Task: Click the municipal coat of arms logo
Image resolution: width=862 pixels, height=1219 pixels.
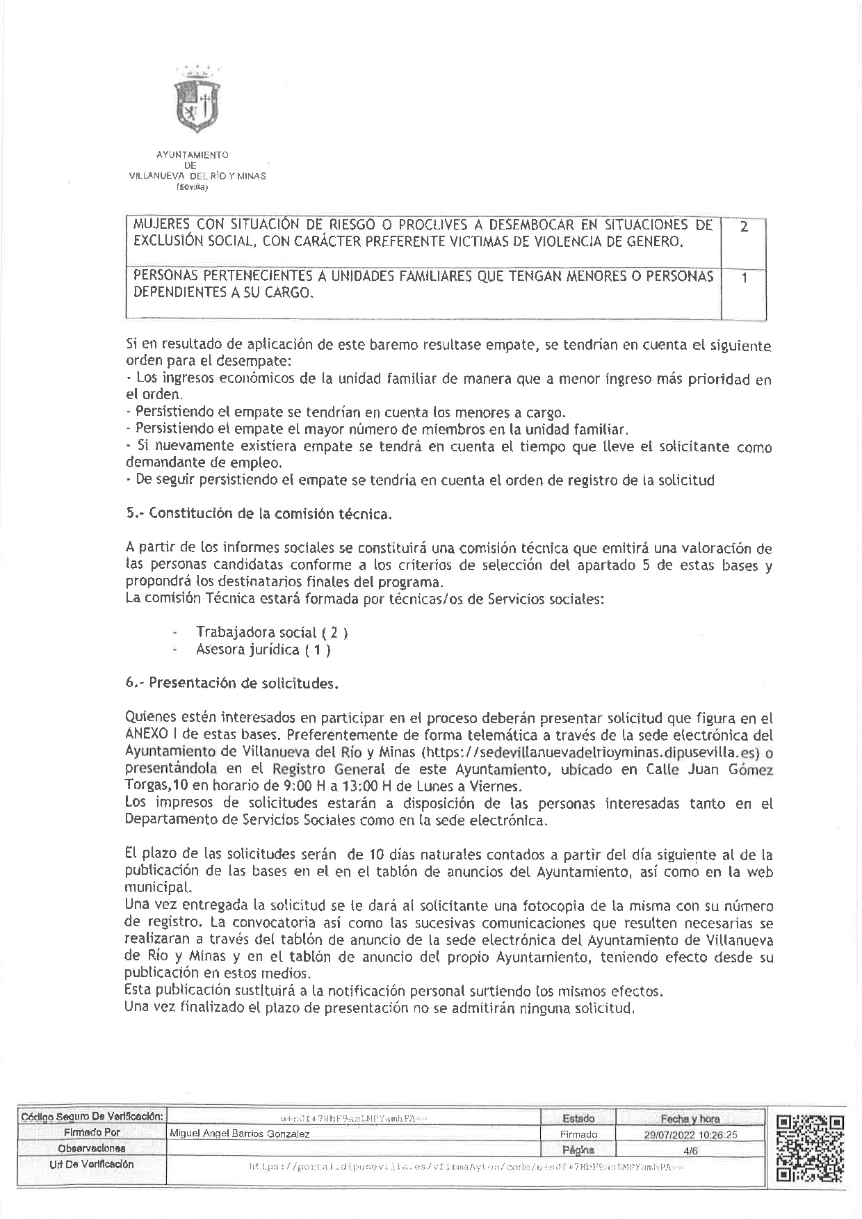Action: point(197,102)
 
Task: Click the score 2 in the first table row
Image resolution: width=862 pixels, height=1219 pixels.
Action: point(744,227)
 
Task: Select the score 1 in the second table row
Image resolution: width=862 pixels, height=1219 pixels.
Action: point(744,278)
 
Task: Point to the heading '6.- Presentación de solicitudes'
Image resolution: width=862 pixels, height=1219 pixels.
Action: point(232,683)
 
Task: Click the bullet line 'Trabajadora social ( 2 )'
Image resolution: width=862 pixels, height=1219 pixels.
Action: point(272,633)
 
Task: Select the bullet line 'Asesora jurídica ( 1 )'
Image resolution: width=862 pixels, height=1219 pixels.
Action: point(263,650)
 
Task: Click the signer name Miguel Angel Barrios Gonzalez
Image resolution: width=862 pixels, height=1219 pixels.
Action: point(241,1133)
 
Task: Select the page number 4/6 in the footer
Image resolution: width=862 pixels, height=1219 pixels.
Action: point(690,1150)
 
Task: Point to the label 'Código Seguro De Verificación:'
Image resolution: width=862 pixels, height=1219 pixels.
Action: point(92,1117)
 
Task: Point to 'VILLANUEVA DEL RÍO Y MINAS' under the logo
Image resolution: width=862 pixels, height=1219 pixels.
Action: point(197,177)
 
